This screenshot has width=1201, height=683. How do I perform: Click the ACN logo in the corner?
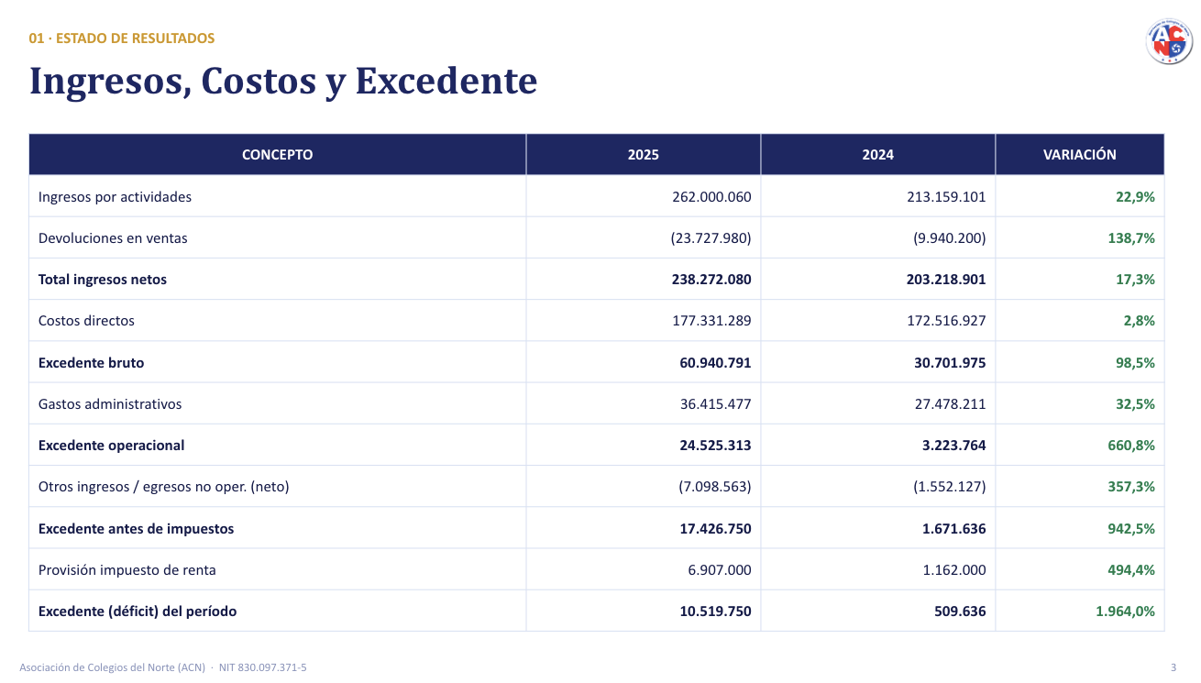pos(1169,41)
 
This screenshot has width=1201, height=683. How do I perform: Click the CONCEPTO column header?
pos(277,154)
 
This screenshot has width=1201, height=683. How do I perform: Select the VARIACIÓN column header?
pos(1079,154)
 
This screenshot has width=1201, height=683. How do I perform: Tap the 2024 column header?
pos(877,154)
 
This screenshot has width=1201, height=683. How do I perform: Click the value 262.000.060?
pos(711,197)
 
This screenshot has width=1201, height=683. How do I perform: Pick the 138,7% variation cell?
pos(1131,238)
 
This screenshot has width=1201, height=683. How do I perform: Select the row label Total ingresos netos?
pos(103,280)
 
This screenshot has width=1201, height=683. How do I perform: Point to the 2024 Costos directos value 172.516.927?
pos(946,321)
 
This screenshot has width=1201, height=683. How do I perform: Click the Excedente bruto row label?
pos(91,362)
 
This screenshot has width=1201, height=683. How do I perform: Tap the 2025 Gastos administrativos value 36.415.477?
pos(716,403)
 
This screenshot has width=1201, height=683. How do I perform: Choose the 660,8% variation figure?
pos(1131,445)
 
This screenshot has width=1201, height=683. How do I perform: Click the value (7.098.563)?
pos(715,486)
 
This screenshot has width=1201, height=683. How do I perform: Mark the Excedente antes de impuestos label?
pos(137,529)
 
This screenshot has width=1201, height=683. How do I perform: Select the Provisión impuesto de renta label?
pos(127,570)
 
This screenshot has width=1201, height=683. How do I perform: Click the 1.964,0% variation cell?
pos(1125,611)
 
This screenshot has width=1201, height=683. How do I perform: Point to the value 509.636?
pos(960,611)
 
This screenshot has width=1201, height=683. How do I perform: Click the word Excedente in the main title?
pos(446,81)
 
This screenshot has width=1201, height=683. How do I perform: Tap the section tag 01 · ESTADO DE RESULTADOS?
pos(122,39)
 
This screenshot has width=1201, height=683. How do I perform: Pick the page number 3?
pos(1173,667)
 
